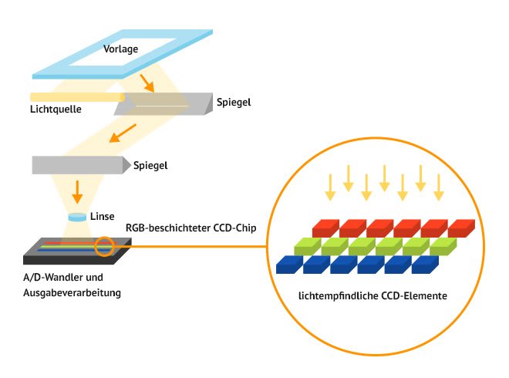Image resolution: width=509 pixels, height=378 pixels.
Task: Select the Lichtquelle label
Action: (x=56, y=110)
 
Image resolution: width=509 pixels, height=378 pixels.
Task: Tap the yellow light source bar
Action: (x=77, y=97)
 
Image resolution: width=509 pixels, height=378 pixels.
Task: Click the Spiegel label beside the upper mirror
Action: (x=234, y=102)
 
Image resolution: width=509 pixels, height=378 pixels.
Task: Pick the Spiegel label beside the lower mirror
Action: (x=150, y=165)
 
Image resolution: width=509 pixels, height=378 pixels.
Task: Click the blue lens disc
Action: (x=77, y=218)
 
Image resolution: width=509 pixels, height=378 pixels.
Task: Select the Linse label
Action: (x=103, y=216)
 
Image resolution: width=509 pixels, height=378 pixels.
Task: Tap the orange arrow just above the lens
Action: (x=77, y=191)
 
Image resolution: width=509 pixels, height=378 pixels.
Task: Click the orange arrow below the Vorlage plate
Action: (x=147, y=81)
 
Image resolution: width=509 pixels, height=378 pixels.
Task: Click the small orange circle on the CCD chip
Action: (x=104, y=247)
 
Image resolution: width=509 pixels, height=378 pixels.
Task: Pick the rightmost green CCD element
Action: (x=443, y=246)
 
